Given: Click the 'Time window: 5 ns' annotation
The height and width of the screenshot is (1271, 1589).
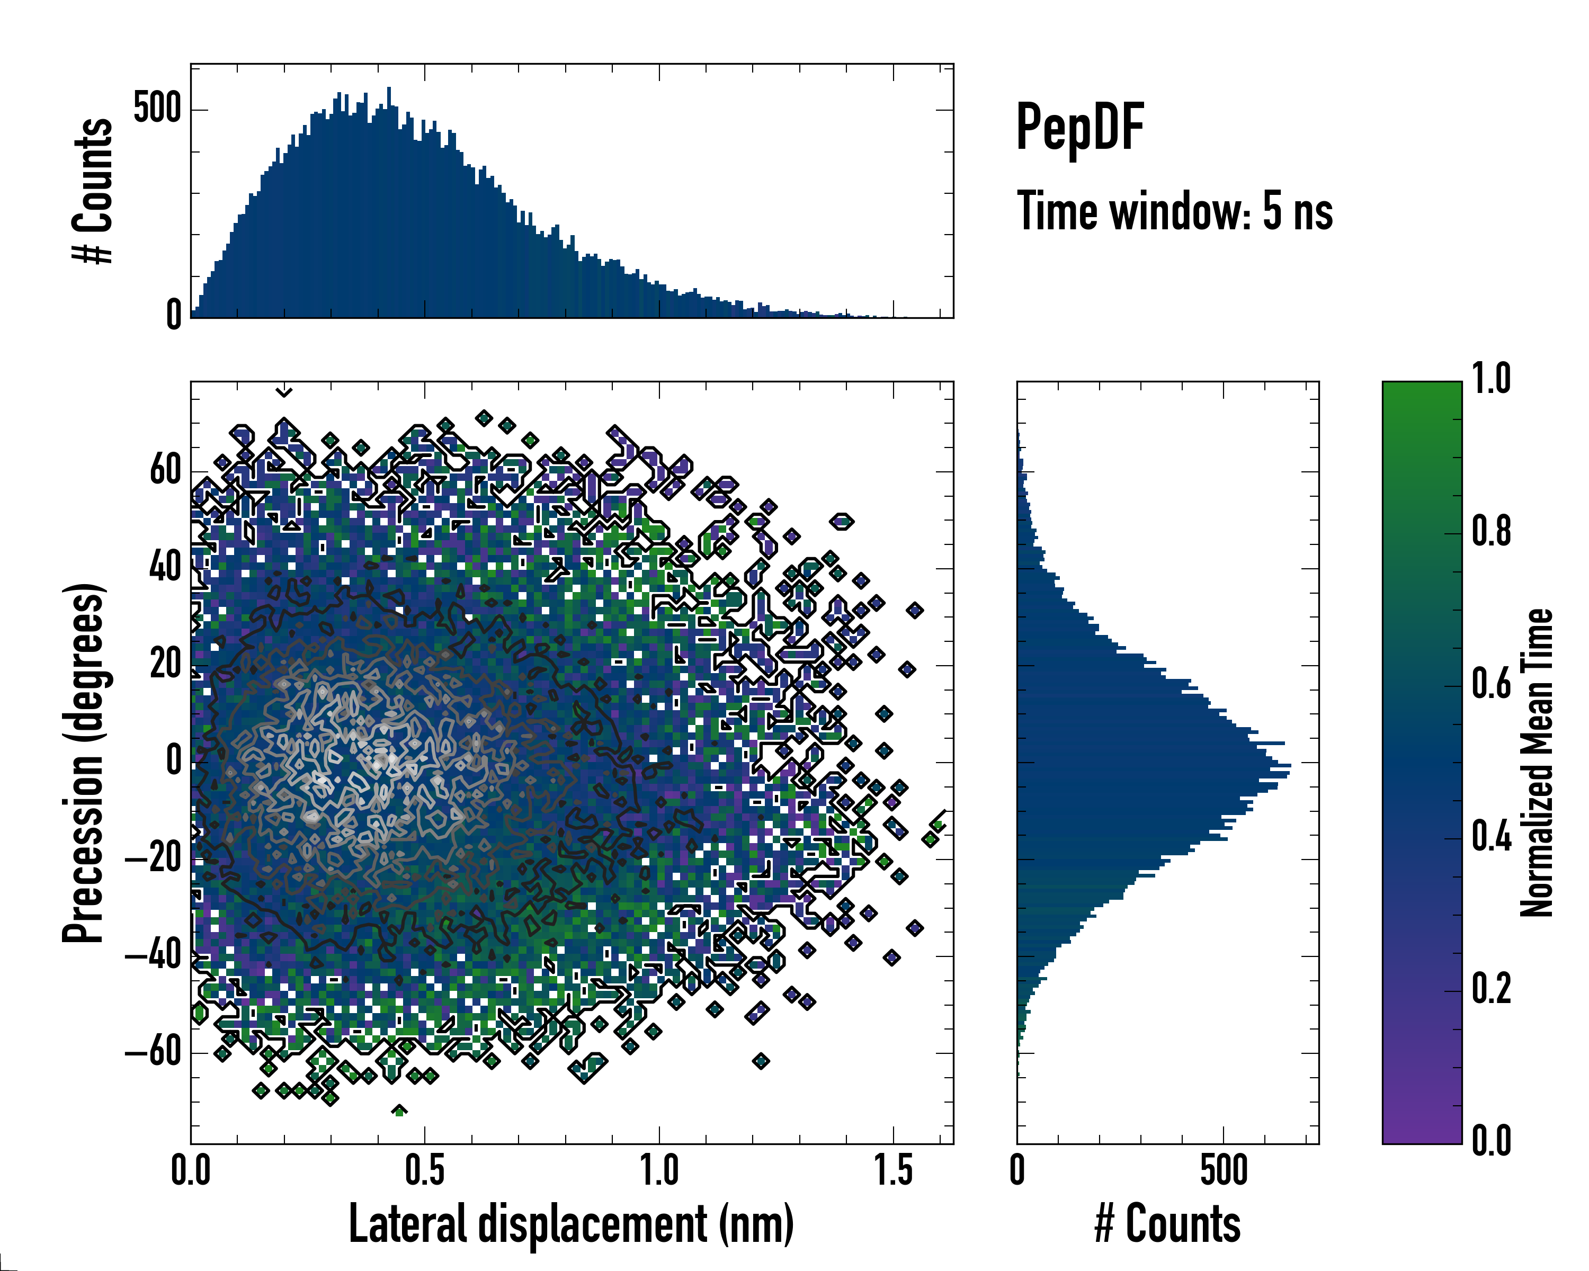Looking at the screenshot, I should pos(1175,211).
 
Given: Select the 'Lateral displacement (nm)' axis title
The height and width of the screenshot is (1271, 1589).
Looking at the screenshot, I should pos(571,1224).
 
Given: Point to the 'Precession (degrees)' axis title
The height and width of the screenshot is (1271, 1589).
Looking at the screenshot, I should pos(83,763).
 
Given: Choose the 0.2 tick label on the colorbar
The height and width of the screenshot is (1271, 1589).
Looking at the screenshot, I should pos(1491,989).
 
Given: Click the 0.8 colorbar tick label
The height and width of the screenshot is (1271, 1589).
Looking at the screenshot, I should pos(1491,531).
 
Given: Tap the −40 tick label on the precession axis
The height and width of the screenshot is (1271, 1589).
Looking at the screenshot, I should pos(153,956).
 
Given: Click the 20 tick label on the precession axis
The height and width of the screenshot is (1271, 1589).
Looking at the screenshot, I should pos(165,664).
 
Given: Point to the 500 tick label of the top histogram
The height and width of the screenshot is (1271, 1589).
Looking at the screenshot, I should pos(157,109).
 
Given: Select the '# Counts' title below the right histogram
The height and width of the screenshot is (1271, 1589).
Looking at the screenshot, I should pos(1167,1224).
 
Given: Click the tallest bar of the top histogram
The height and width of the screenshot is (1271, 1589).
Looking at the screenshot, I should pos(389,203).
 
